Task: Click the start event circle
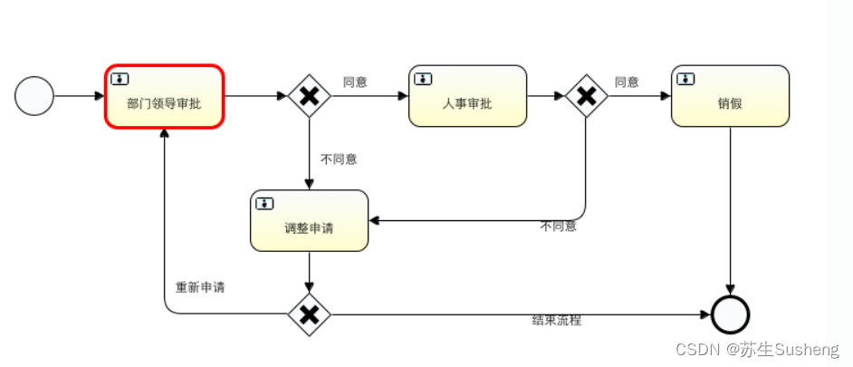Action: [34, 96]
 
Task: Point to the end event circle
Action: [730, 314]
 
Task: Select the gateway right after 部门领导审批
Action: [309, 96]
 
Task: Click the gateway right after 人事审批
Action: [586, 96]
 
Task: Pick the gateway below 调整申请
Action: [309, 314]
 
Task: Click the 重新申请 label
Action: [199, 287]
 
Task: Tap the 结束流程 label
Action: [556, 321]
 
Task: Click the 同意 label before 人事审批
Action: [355, 82]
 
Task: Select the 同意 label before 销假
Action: [627, 82]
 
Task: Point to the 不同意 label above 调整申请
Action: [339, 159]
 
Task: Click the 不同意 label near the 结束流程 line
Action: [558, 227]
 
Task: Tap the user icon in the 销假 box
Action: [686, 79]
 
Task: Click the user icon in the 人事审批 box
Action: [424, 79]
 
